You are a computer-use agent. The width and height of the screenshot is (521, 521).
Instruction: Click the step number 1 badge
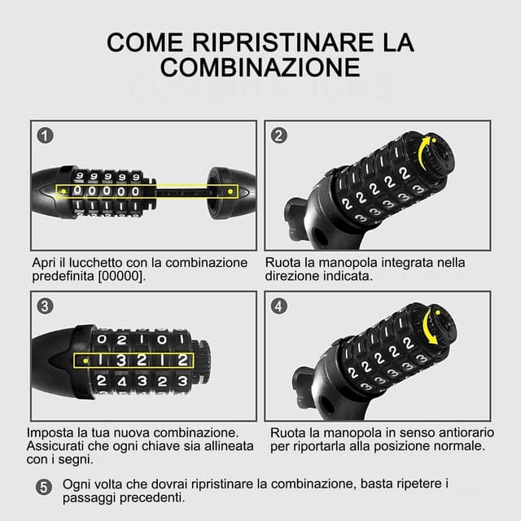tap(46, 136)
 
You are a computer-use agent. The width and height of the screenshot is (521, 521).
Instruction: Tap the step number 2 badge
tap(279, 136)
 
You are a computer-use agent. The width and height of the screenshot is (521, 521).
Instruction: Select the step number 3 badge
tap(46, 306)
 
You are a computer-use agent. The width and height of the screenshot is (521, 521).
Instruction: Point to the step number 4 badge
tap(279, 306)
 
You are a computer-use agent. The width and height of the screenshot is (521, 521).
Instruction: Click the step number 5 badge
tap(44, 488)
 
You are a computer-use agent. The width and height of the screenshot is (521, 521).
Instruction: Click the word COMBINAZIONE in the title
tap(260, 68)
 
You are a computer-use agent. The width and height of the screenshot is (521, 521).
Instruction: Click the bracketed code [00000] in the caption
tap(122, 276)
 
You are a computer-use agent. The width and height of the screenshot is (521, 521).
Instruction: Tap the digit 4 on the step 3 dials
tap(122, 382)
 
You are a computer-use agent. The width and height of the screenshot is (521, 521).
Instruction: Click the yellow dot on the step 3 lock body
tap(85, 361)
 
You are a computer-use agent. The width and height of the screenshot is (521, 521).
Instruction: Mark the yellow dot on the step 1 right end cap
tap(230, 191)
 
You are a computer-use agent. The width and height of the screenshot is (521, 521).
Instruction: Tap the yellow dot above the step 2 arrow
tap(434, 140)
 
